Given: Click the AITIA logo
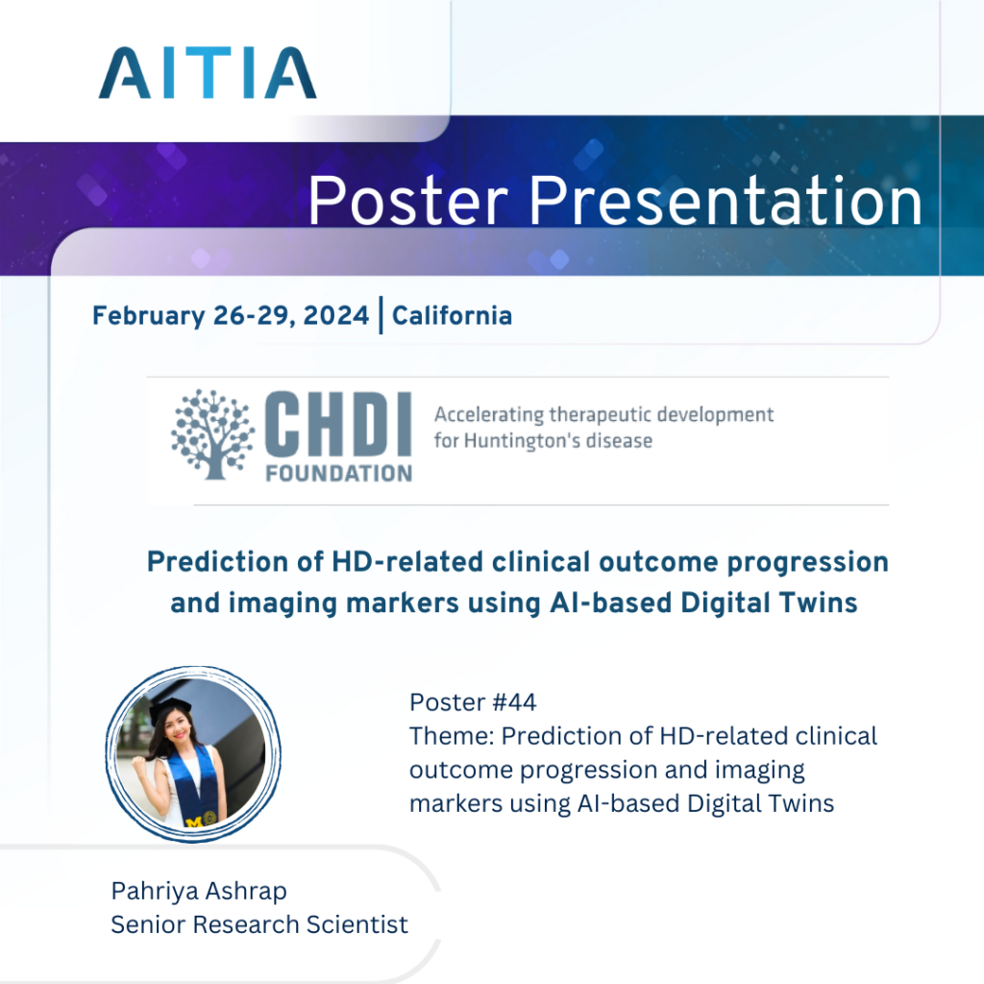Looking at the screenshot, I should pyautogui.click(x=207, y=74).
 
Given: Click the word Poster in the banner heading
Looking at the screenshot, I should pyautogui.click(x=407, y=202).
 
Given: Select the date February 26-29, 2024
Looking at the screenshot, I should pyautogui.click(x=230, y=315).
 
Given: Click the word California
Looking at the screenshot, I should pyautogui.click(x=452, y=315).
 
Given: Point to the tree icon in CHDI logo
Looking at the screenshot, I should pyautogui.click(x=213, y=434).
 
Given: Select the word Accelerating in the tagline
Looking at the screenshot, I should pyautogui.click(x=489, y=415).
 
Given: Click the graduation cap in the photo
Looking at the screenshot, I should pyautogui.click(x=171, y=709).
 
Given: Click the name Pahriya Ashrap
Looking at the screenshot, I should pyautogui.click(x=199, y=891).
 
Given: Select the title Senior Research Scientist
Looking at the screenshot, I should pyautogui.click(x=259, y=924).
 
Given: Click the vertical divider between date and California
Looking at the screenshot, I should pyautogui.click(x=381, y=315).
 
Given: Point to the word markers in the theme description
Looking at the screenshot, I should pyautogui.click(x=455, y=802).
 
